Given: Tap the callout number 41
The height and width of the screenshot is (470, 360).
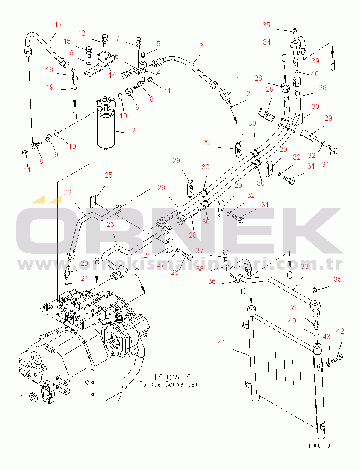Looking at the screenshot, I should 221,343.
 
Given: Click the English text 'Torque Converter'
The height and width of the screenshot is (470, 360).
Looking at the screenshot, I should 169,384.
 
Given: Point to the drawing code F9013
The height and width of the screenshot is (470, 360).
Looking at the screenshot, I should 320,446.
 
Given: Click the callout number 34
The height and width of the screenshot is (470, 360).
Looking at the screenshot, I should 267,42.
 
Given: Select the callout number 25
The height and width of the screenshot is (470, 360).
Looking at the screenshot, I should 109,175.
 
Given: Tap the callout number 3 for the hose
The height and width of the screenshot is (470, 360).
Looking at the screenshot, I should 201,45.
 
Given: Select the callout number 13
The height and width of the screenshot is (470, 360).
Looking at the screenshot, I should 82,33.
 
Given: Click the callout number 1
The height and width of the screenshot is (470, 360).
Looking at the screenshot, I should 237,79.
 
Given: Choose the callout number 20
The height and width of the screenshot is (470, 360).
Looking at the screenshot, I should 84,263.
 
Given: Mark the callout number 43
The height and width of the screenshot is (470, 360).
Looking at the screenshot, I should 326,337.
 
